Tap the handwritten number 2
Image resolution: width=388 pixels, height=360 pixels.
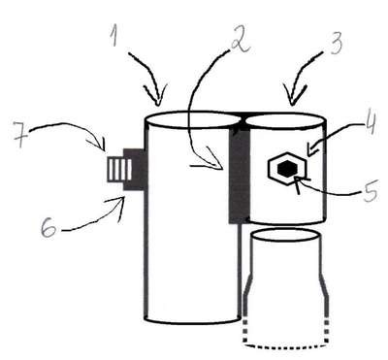[240, 41]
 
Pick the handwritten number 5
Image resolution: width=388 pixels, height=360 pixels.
[370, 190]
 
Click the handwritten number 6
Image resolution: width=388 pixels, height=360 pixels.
[49, 228]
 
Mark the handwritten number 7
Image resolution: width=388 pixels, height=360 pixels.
[21, 135]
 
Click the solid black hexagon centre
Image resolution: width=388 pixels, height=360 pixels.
[287, 169]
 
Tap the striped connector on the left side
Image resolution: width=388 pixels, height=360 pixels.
[119, 169]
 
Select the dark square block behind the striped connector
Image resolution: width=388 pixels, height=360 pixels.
[135, 169]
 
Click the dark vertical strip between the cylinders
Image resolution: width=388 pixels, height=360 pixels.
[240, 175]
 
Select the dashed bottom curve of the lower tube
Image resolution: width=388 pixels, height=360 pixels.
[286, 346]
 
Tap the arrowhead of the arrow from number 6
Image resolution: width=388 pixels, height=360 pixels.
[120, 207]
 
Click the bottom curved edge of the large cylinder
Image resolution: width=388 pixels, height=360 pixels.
[193, 321]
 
